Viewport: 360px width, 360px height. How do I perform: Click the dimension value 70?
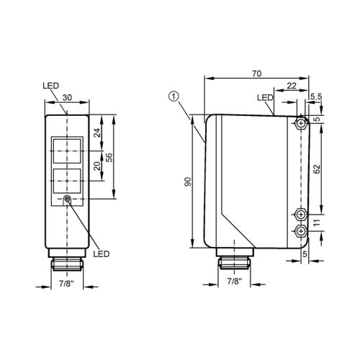(x=256, y=72)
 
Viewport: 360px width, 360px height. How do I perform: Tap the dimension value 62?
(x=318, y=168)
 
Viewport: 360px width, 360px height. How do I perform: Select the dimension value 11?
(x=318, y=222)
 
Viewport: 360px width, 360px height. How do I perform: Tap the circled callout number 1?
(x=173, y=96)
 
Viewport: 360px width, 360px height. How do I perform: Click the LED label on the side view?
(x=265, y=98)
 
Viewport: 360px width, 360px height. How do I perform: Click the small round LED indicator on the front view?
(x=67, y=199)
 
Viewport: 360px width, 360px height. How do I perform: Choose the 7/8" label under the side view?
(x=233, y=282)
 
